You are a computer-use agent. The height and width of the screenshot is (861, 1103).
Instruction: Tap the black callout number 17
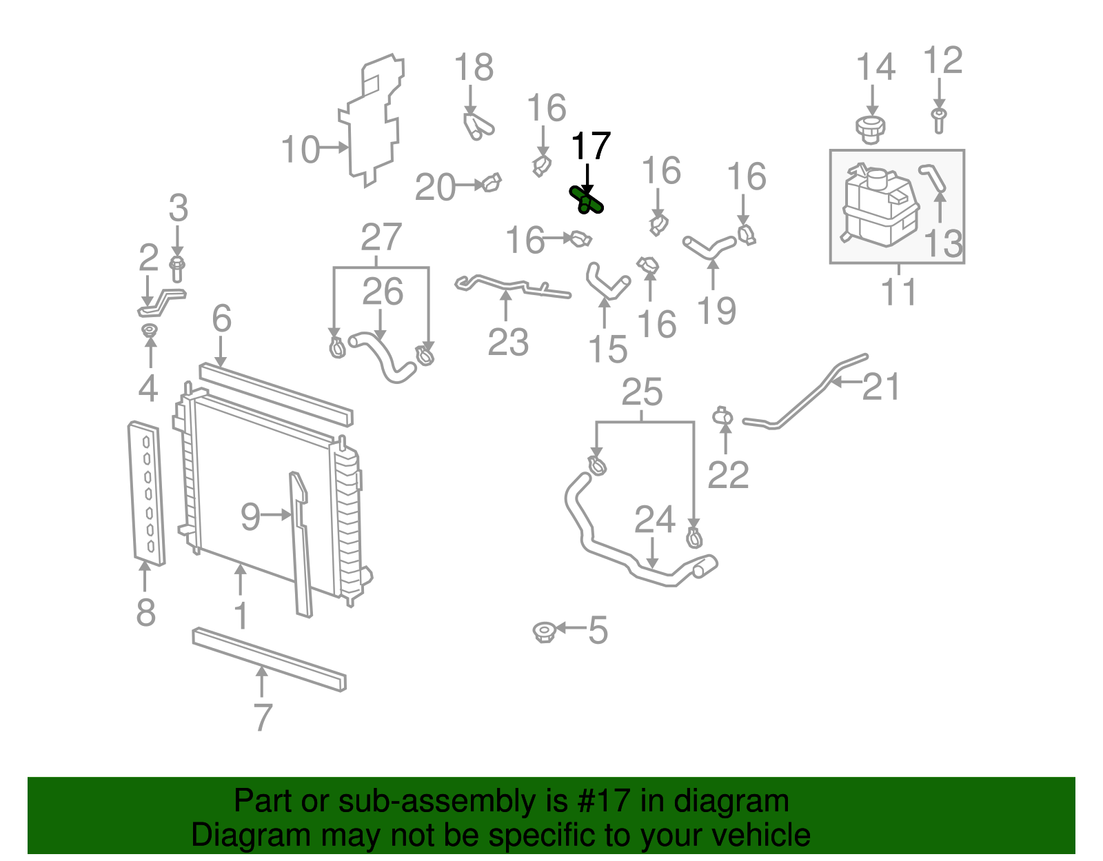click(591, 146)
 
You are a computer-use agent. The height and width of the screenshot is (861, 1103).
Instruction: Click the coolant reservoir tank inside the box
click(879, 206)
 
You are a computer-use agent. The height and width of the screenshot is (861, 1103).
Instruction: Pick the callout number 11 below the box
click(899, 292)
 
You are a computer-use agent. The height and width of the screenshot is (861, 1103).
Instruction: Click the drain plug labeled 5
click(545, 631)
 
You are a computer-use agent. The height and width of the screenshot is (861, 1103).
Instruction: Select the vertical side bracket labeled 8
click(147, 493)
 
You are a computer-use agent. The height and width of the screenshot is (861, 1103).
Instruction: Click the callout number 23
click(508, 342)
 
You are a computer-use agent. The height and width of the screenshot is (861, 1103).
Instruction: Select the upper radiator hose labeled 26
click(383, 356)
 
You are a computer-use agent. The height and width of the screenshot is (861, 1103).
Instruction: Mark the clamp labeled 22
click(722, 416)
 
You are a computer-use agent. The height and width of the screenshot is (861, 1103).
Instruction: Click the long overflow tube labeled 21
click(807, 400)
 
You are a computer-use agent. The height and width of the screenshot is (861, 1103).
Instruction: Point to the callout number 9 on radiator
click(250, 516)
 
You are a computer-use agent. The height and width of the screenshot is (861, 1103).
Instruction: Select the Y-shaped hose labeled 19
click(709, 249)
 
